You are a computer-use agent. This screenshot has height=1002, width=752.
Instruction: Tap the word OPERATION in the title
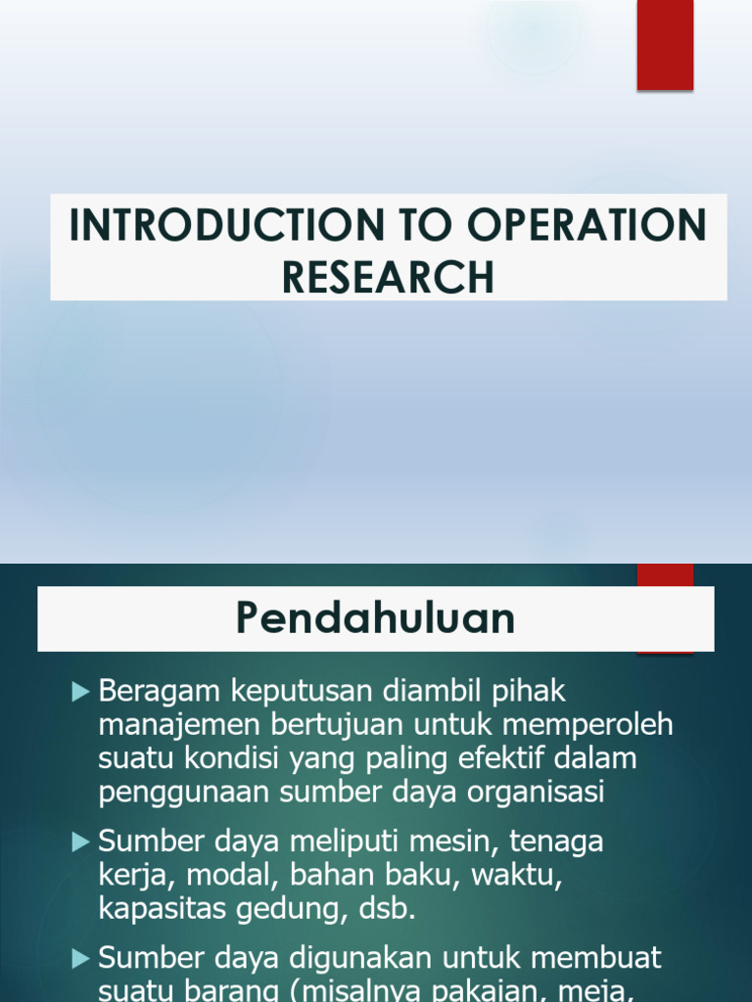coord(587,226)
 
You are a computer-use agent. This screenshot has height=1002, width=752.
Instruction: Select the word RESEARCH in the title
coord(389,277)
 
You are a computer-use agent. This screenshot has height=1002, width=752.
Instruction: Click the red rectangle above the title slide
coord(666,45)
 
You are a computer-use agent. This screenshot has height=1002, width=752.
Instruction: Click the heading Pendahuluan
coord(376,618)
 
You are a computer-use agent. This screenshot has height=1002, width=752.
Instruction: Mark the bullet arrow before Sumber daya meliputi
coord(81,842)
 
